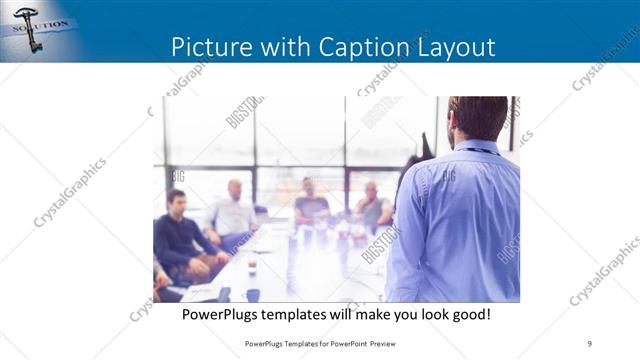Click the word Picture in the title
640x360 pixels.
pyautogui.click(x=206, y=47)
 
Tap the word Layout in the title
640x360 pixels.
pyautogui.click(x=454, y=47)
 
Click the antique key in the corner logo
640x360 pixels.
pyautogui.click(x=27, y=27)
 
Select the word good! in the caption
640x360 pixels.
pyautogui.click(x=468, y=314)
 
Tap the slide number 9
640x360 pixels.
pyautogui.click(x=589, y=343)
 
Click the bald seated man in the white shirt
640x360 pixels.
pyautogui.click(x=234, y=210)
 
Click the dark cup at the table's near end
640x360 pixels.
pyautogui.click(x=253, y=294)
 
